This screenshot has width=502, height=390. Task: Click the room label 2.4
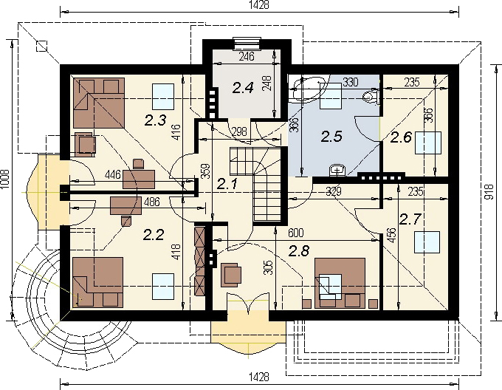[243, 88]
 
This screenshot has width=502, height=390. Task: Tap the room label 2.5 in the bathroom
[331, 137]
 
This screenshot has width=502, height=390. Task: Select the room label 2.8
[299, 251]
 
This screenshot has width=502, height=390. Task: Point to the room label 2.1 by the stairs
[227, 184]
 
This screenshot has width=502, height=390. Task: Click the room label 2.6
[401, 137]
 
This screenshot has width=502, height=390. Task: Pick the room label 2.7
[410, 219]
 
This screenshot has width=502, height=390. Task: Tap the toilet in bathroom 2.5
[371, 96]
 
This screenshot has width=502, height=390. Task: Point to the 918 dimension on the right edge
[489, 192]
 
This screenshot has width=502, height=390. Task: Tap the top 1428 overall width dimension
[259, 5]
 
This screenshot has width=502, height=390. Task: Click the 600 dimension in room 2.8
[296, 233]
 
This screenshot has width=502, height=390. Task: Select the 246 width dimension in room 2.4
[247, 56]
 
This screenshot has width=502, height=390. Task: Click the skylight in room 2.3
[163, 96]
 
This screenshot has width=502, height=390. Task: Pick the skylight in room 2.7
[427, 242]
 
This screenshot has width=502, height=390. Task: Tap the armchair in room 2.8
[231, 273]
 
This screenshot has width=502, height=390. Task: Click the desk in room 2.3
[139, 179]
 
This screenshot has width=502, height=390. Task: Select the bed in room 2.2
[98, 282]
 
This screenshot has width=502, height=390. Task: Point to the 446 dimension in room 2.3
[113, 174]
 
